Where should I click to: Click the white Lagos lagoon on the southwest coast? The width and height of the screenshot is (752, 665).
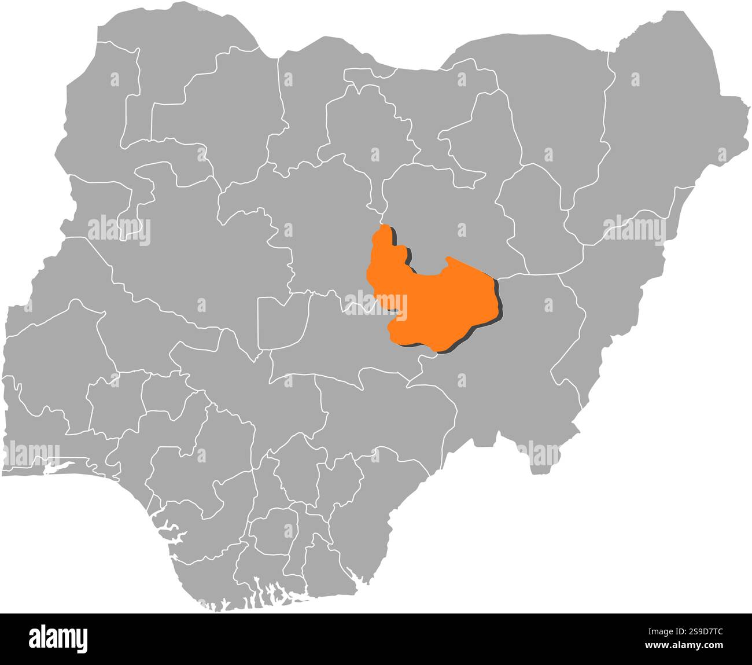click(64, 465)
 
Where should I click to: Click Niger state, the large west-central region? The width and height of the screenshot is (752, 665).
click(191, 260)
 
